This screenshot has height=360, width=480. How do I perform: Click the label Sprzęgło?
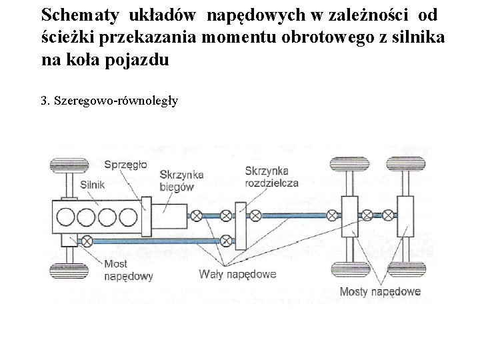click(x=126, y=164)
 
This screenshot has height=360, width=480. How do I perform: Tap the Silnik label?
click(x=93, y=185)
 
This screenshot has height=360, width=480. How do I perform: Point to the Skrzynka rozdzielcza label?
click(x=271, y=177)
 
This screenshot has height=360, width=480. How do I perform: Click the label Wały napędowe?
click(x=237, y=273)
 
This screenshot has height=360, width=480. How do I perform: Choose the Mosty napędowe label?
click(x=379, y=291)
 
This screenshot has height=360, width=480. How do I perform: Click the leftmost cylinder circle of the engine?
click(x=67, y=217)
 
